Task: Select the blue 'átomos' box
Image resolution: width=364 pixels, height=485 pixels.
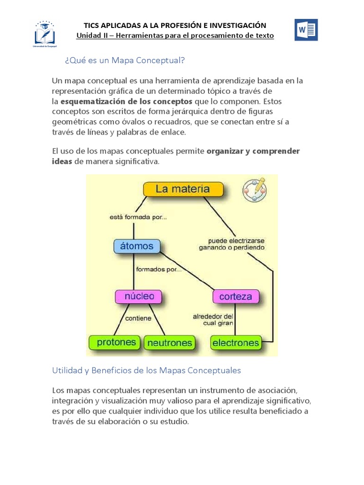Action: (137, 246)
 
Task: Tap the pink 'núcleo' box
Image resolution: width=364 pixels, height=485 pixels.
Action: (138, 297)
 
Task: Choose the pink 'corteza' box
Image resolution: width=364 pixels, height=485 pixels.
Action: (236, 297)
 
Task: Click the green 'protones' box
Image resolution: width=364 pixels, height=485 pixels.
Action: (116, 342)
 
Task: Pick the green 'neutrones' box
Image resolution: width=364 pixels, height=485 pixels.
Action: (169, 342)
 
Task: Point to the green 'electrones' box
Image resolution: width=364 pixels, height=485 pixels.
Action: (236, 342)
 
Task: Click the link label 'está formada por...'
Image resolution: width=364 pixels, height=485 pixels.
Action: (137, 217)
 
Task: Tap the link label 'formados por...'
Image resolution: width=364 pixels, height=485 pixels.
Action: (158, 270)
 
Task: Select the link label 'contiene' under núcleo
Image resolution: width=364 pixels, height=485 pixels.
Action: (138, 318)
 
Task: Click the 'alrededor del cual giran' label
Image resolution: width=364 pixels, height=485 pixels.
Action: (213, 320)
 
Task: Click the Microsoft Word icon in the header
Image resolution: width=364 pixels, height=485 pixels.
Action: (306, 30)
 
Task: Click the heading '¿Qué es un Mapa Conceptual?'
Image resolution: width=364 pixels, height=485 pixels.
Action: (124, 61)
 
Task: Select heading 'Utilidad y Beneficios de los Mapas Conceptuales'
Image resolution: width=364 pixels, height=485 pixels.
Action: (146, 370)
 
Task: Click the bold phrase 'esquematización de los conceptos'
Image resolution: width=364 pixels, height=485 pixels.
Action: (127, 101)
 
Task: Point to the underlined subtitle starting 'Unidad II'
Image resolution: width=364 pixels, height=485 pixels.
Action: (175, 36)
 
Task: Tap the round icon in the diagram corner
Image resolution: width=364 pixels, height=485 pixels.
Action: (254, 190)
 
